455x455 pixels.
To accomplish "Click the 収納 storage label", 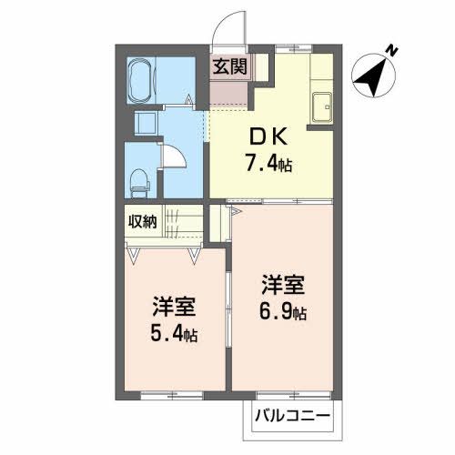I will (x=143, y=221).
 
